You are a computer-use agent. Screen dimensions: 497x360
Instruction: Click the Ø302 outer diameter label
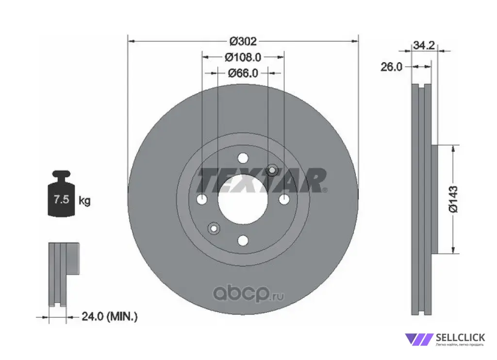pos(243,41)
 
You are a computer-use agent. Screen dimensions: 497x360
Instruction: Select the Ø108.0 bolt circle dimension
pos(243,57)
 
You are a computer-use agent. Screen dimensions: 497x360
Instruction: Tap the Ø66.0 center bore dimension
pos(243,73)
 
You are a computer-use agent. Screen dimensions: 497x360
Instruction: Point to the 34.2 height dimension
pos(424,45)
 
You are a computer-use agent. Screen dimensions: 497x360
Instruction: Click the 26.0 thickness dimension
pos(391,67)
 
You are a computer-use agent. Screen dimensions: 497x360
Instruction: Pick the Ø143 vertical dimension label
pos(453,199)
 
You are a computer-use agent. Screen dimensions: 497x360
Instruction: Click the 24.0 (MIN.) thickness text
pos(110,316)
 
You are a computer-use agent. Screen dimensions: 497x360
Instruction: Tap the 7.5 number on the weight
pos(61,199)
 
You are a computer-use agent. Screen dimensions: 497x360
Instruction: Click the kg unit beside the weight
pos(84,200)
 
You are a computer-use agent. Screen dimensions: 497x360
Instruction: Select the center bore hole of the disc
pos(243,199)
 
